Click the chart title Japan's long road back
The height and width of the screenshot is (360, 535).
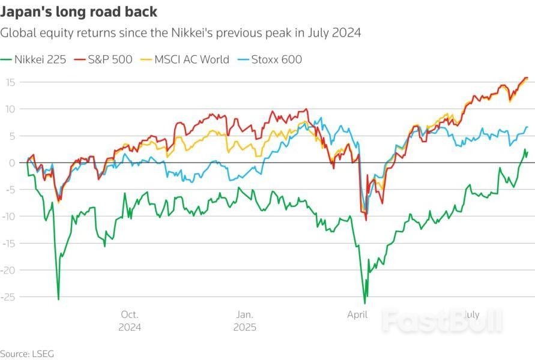[x=79, y=11]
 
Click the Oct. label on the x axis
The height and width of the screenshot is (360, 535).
[x=130, y=314]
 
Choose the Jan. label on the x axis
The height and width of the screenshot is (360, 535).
[x=244, y=314]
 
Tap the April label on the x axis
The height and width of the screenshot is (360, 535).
[x=358, y=314]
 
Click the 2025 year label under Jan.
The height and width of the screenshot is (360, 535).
[x=244, y=327]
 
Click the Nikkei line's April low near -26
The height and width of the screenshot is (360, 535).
[x=364, y=303]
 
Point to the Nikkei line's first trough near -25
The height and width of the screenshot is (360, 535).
[x=58, y=299]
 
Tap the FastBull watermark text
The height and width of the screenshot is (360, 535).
[x=442, y=322]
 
